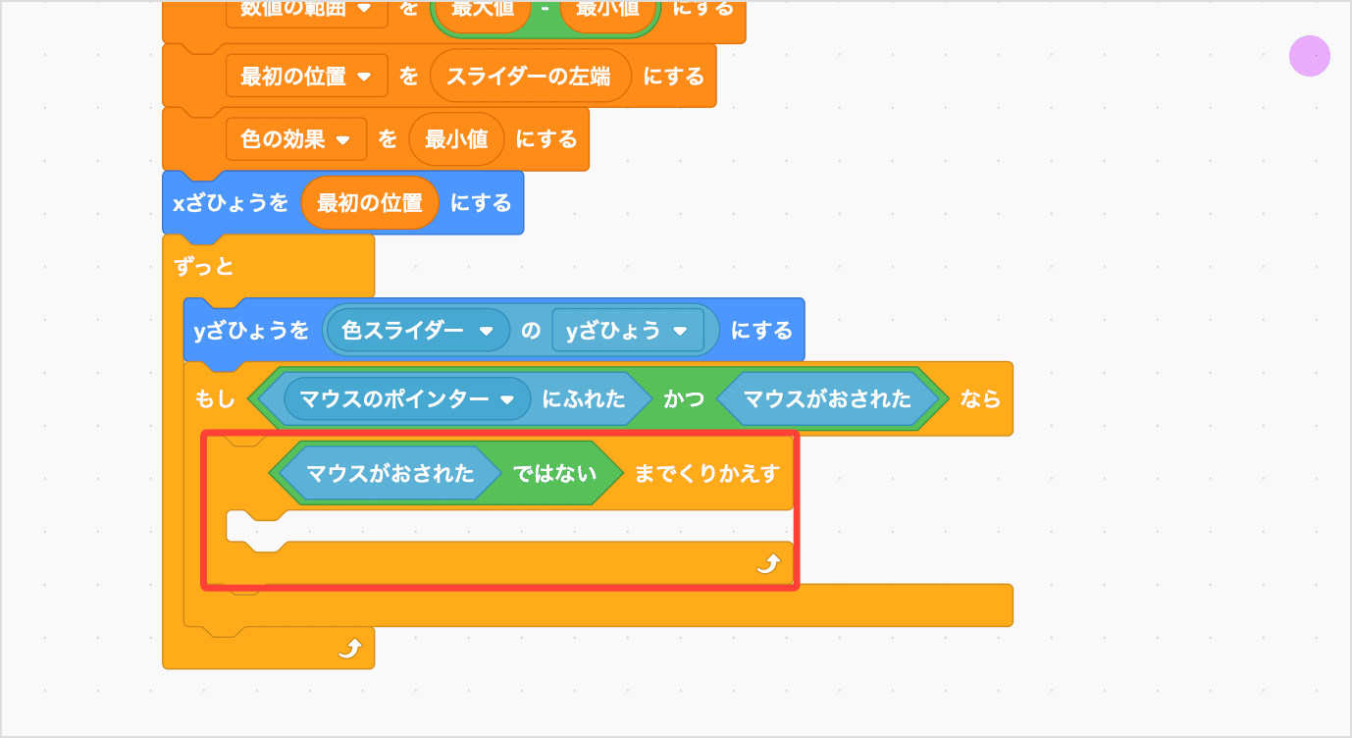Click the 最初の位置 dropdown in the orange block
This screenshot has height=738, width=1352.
click(x=306, y=77)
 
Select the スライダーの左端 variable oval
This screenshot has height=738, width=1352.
click(x=529, y=77)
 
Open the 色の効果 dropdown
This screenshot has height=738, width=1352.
click(x=295, y=139)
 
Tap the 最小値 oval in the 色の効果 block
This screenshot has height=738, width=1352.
click(x=456, y=139)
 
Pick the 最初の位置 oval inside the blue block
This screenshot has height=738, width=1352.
click(x=370, y=203)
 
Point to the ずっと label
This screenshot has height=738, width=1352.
click(x=204, y=266)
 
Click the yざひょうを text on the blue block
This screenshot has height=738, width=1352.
click(x=251, y=331)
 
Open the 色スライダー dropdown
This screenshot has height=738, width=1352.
click(x=417, y=331)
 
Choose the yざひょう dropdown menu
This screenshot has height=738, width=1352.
click(x=627, y=331)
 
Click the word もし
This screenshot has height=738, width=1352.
click(x=216, y=399)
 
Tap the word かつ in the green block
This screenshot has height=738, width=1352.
click(x=684, y=399)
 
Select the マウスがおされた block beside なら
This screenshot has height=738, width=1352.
click(x=827, y=399)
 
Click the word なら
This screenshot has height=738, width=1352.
click(x=980, y=399)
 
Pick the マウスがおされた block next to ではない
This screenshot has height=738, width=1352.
click(x=390, y=474)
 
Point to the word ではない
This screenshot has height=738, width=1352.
click(x=555, y=474)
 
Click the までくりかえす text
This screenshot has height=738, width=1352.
click(x=706, y=474)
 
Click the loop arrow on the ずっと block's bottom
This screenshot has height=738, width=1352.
click(x=350, y=648)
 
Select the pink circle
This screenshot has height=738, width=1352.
click(x=1309, y=56)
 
